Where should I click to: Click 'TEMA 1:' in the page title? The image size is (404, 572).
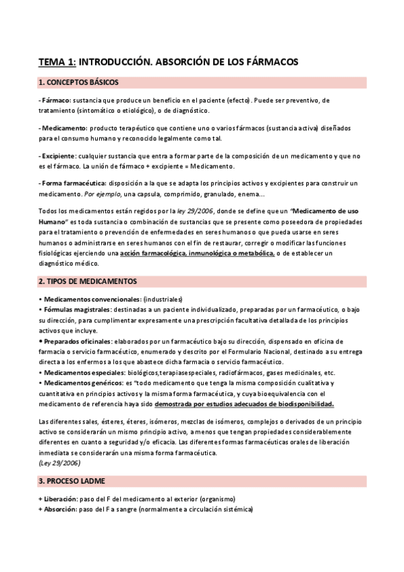(57, 61)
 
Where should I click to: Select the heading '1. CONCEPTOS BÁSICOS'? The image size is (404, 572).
(79, 82)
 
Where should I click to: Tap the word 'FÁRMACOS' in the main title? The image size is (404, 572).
(264, 61)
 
